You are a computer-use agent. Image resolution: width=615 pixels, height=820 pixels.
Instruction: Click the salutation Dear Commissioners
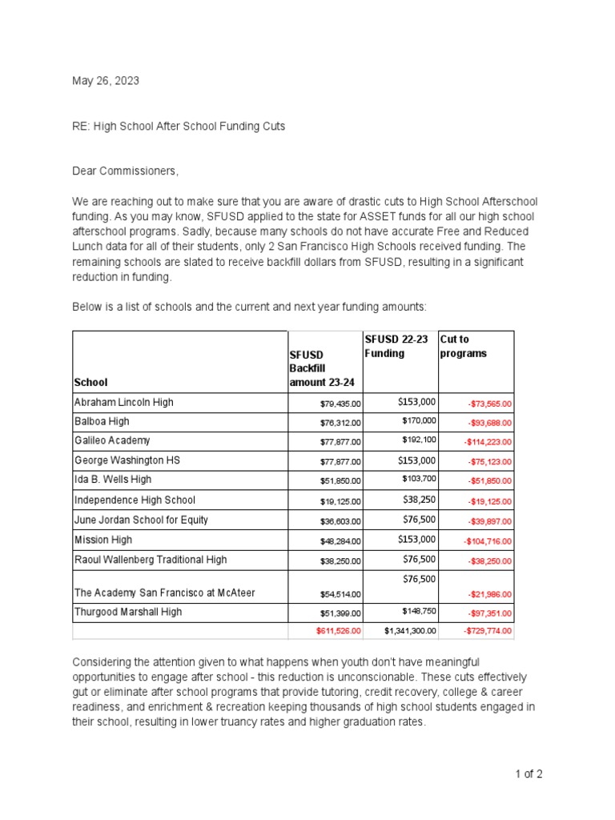(126, 171)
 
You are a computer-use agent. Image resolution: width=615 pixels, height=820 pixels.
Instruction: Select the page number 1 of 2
(529, 774)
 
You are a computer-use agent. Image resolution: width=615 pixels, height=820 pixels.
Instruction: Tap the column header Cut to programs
(464, 346)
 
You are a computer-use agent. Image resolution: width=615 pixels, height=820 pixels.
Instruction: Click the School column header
(90, 383)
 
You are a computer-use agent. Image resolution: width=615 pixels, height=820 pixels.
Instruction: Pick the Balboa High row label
(102, 421)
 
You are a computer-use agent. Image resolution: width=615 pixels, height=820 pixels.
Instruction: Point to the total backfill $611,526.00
(338, 632)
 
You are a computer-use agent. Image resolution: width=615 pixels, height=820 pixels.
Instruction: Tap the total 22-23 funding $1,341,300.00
(410, 632)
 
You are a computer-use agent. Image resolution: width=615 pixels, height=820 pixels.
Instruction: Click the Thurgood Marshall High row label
(128, 612)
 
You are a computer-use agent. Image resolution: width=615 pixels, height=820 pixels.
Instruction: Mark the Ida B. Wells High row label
(112, 480)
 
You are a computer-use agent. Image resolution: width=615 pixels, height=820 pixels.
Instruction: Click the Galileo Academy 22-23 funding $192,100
(419, 440)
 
